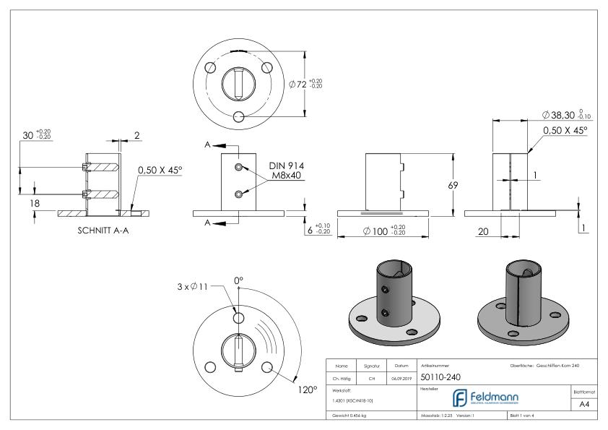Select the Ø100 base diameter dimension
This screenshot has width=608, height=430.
pos(376,231)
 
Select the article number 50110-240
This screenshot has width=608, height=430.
pos(440,377)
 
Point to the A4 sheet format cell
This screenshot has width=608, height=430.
pos(586,406)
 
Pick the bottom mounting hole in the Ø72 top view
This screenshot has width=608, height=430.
pos(240,118)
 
